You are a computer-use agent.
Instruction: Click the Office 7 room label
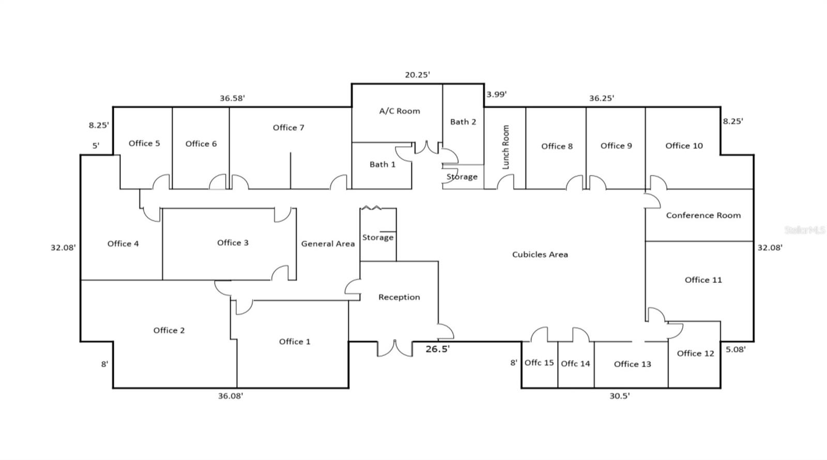tap(288, 128)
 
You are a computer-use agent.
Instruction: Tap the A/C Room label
tap(400, 111)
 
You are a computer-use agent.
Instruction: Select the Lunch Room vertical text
tap(506, 147)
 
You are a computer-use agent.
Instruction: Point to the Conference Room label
tap(703, 216)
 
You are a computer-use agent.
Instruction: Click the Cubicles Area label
tap(540, 254)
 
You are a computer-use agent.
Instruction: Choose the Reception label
tap(399, 297)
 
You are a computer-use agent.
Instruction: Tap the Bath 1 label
tap(382, 164)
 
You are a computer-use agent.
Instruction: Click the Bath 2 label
tap(463, 122)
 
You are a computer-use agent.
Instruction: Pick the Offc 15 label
tap(539, 363)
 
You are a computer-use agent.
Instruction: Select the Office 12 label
tap(695, 354)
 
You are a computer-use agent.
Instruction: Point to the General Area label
tap(328, 243)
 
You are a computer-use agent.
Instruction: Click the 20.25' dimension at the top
tap(417, 75)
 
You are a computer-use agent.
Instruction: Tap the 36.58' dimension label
tap(232, 98)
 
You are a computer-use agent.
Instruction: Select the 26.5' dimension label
tap(437, 349)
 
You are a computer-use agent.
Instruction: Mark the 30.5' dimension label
tap(619, 396)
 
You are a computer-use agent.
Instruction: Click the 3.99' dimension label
tap(496, 94)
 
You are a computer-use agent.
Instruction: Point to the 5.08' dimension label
tap(736, 349)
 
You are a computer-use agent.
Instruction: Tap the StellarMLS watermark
tap(805, 230)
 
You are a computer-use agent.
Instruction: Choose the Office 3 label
tap(233, 243)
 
